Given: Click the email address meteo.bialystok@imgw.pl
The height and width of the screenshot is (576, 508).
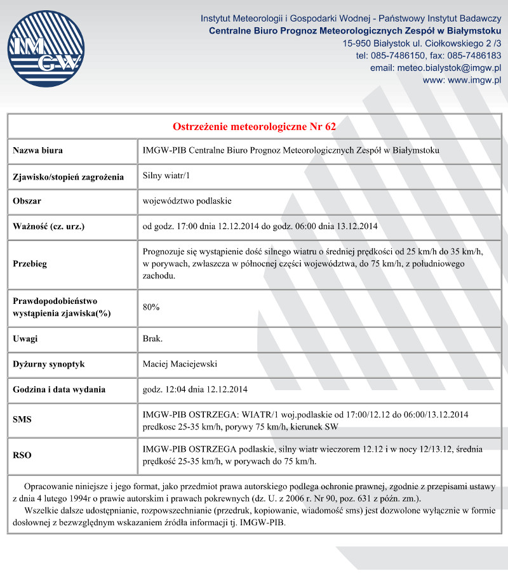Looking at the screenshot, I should click(436, 68).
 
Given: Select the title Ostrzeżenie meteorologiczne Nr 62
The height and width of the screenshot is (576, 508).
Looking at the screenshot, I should click(254, 126).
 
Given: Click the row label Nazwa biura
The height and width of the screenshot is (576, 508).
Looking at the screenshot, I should click(37, 151).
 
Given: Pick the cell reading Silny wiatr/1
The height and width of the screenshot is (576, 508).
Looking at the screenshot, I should click(166, 176).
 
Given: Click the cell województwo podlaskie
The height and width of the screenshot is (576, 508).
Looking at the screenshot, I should click(187, 201).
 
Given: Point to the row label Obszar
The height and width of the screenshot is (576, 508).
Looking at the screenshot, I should click(27, 201).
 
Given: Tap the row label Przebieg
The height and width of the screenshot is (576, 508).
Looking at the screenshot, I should click(30, 264).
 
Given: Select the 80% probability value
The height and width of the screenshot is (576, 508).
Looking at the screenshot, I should click(151, 307).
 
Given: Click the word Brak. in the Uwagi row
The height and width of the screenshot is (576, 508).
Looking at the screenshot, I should click(152, 339).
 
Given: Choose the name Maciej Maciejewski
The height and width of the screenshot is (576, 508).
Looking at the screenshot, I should click(180, 364).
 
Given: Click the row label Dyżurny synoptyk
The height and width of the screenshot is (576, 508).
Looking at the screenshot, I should click(49, 364).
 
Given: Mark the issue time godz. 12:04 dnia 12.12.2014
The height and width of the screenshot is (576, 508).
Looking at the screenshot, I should click(195, 389).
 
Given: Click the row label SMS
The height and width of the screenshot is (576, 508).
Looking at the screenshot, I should click(22, 420).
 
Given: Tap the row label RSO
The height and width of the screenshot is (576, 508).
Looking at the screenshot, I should click(22, 455).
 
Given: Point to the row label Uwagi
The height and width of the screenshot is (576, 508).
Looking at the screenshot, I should click(25, 339).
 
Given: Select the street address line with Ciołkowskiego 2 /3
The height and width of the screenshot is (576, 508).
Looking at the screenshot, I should click(421, 44).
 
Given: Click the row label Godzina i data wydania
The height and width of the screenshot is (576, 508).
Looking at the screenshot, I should click(59, 389).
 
